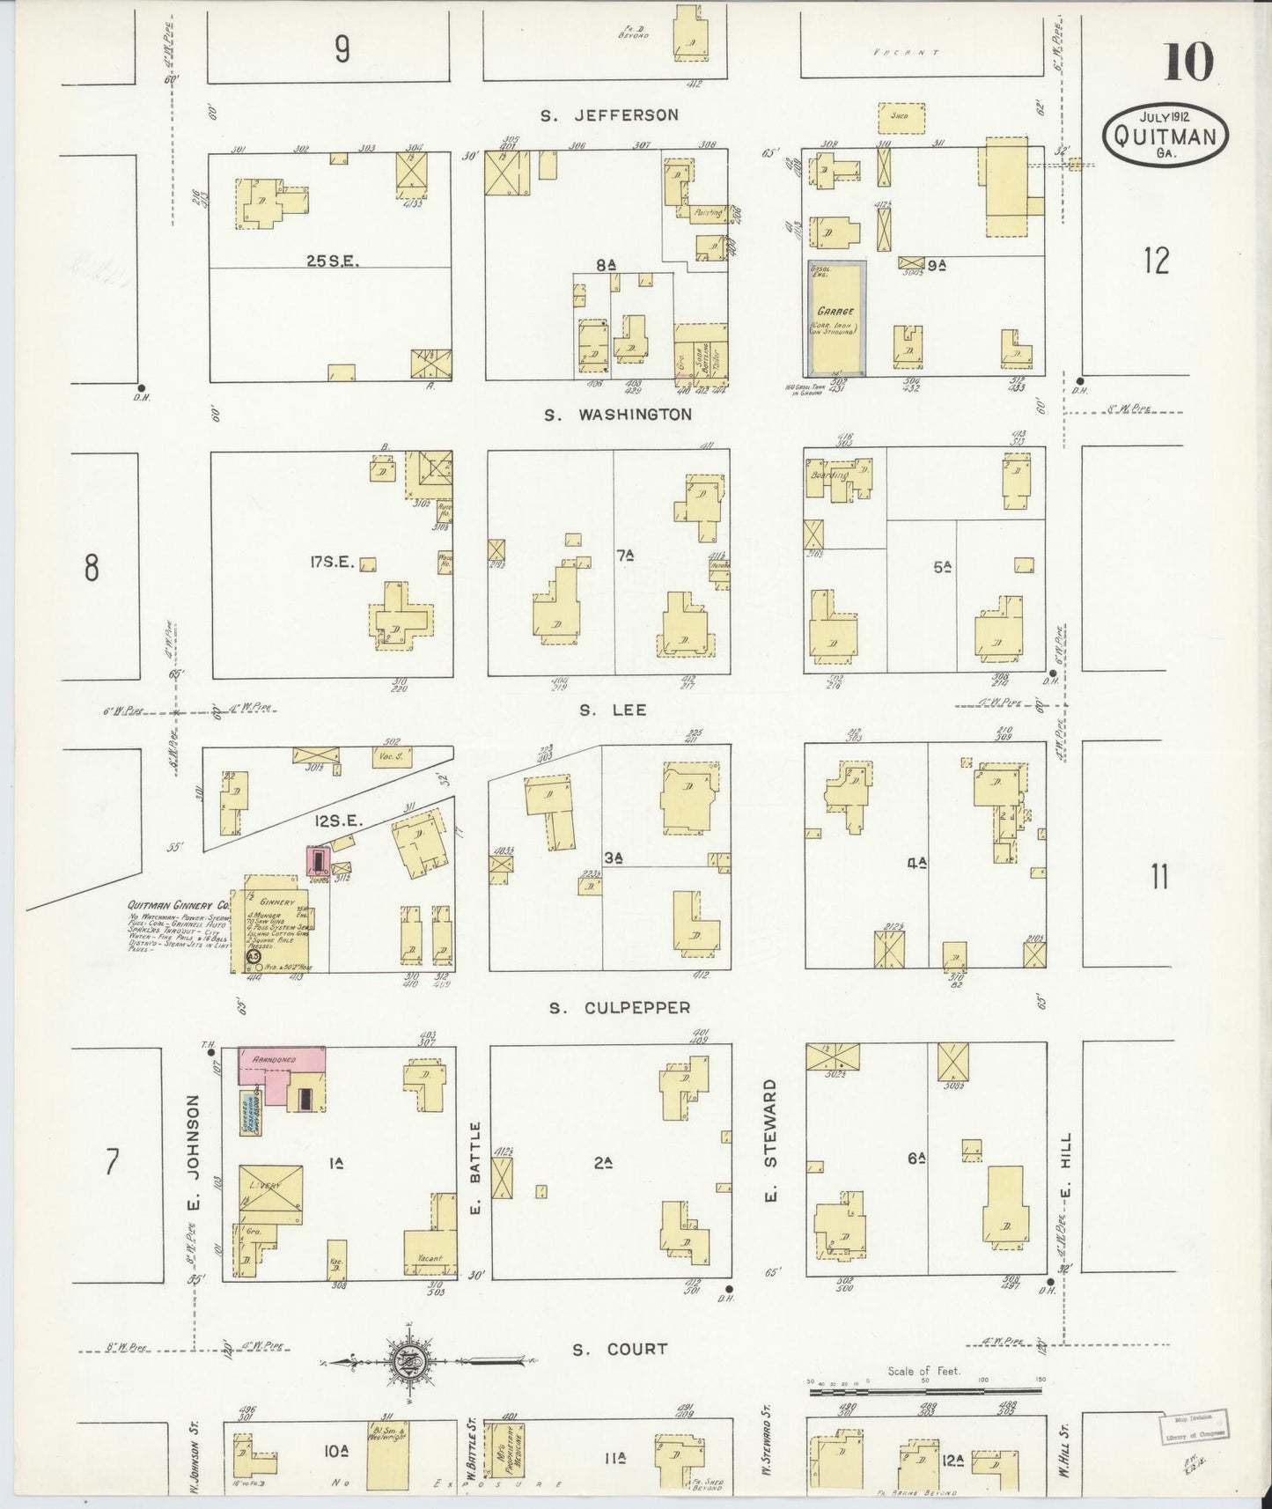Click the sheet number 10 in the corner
[x=1189, y=62]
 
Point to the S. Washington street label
[x=618, y=414]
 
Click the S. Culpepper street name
[x=620, y=1007]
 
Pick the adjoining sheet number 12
[x=1157, y=261]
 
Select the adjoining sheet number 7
[x=111, y=1162]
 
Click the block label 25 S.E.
[x=330, y=261]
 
